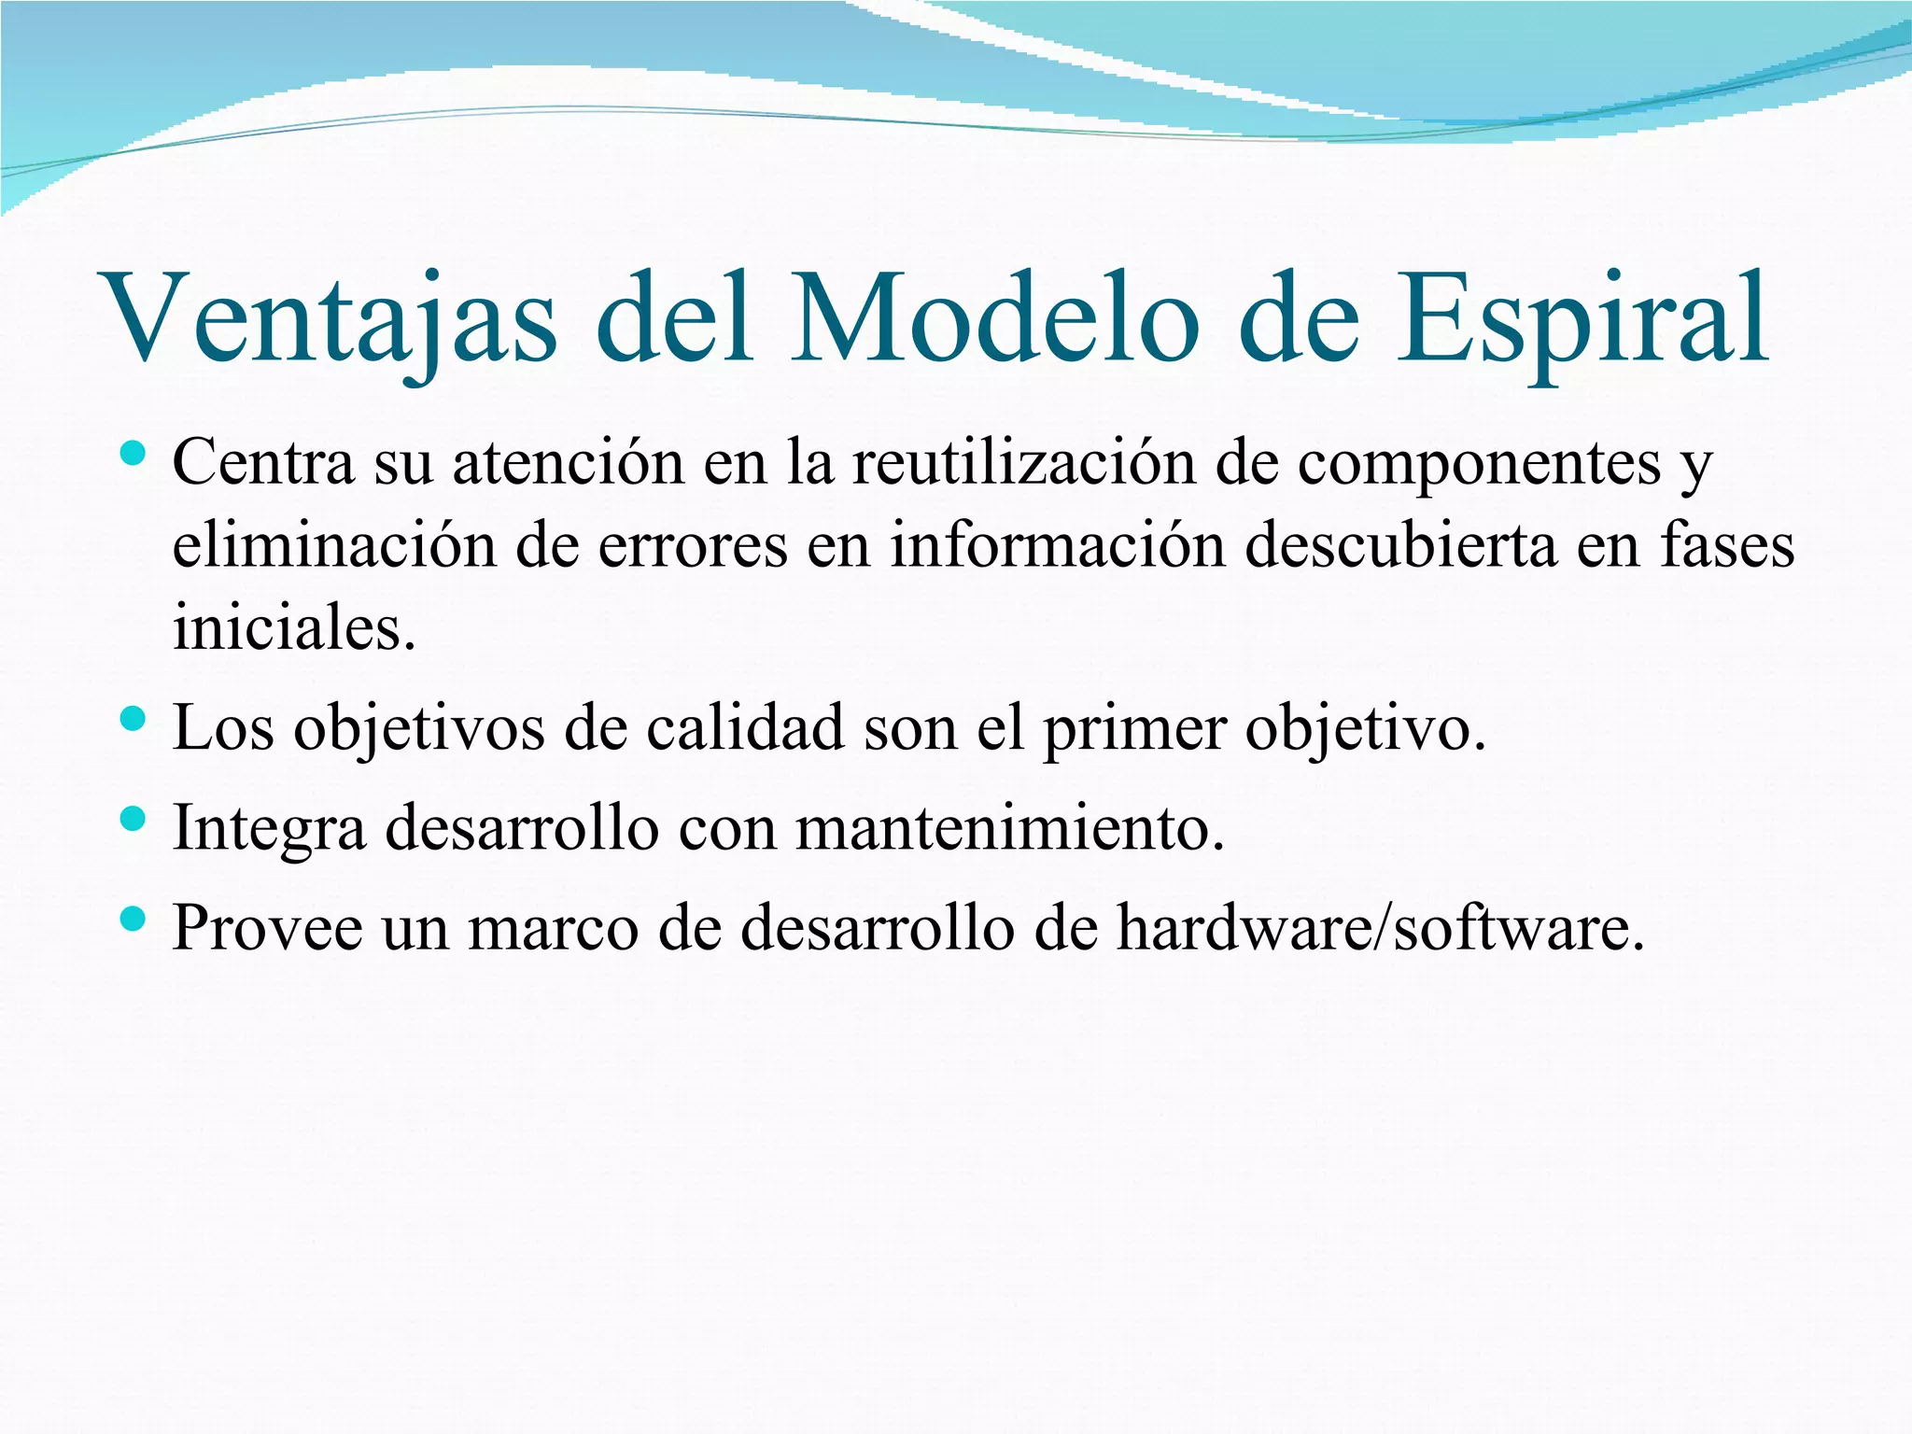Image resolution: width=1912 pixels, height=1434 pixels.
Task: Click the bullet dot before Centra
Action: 134,455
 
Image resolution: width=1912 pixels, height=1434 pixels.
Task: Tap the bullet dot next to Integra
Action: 134,820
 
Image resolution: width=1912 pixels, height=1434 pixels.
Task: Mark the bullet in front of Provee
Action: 134,920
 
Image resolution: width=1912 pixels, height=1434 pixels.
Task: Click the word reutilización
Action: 1023,462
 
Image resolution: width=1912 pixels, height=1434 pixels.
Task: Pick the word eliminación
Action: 334,545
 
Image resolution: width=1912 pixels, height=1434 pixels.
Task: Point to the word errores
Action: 693,545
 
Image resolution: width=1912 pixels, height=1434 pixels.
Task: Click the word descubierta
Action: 1400,545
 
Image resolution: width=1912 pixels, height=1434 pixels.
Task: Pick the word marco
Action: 553,928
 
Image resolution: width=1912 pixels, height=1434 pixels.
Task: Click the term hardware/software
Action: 1380,928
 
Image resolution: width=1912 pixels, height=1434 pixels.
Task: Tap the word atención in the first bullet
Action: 569,462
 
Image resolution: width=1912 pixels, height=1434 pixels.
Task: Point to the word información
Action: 1057,545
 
